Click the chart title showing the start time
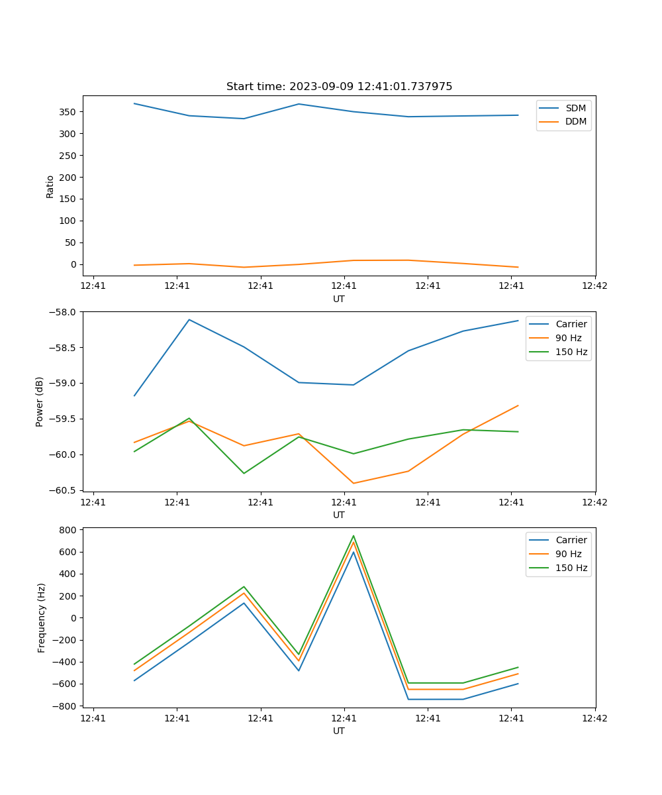339,87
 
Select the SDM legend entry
575,108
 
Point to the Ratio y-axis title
50,186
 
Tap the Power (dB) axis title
40,401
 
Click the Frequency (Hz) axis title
42,617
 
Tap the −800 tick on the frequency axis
67,706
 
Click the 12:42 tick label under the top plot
594,286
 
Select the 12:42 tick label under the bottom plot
594,718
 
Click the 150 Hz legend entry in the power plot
571,352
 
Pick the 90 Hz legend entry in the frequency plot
569,554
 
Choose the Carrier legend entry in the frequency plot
571,540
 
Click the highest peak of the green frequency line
354,535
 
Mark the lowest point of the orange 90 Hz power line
354,483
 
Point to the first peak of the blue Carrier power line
189,319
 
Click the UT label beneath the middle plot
339,515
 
